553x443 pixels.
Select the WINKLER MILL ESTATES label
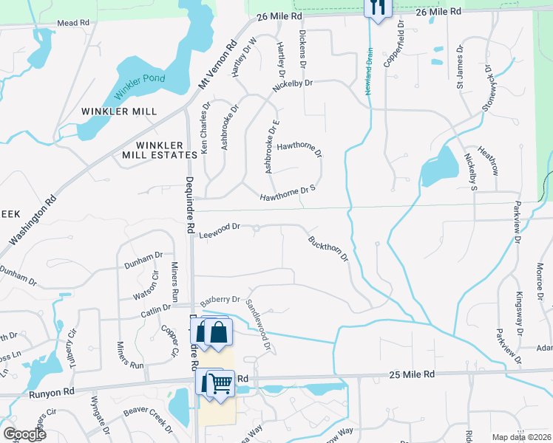click(160, 148)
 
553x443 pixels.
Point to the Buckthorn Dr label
click(328, 248)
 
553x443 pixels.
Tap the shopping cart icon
click(220, 383)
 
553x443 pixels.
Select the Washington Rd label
click(34, 220)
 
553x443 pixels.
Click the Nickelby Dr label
click(292, 85)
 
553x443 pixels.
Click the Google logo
click(24, 434)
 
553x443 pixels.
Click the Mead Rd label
click(73, 24)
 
